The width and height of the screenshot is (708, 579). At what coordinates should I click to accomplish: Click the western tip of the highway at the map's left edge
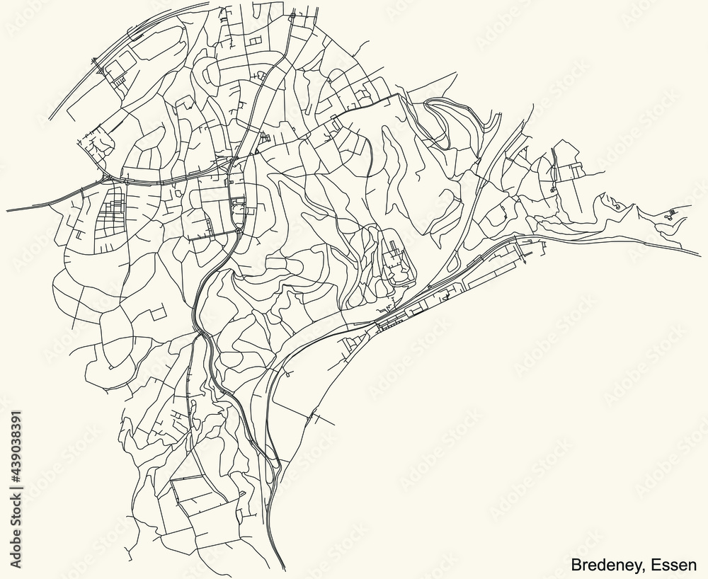pyautogui.click(x=7, y=210)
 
